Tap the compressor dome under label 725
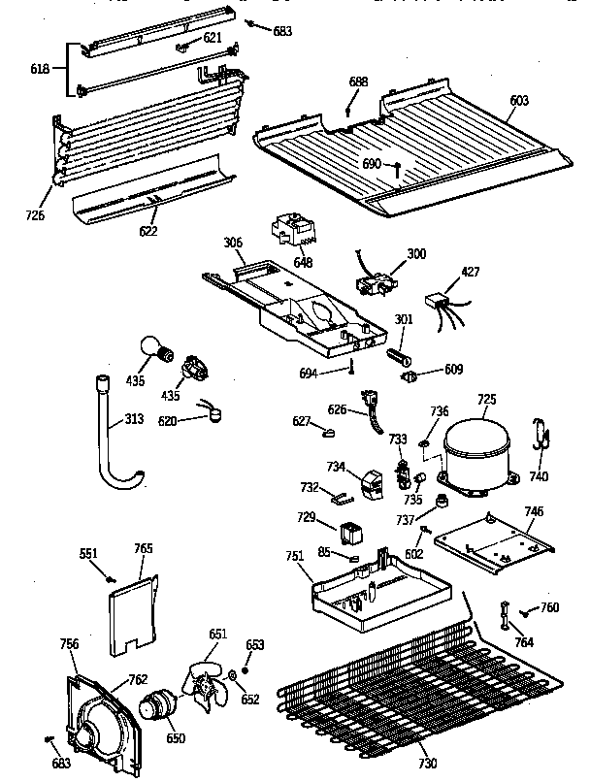[476, 447]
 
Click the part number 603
[521, 99]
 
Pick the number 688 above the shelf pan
[358, 81]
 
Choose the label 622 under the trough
[148, 232]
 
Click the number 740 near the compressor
[539, 476]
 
